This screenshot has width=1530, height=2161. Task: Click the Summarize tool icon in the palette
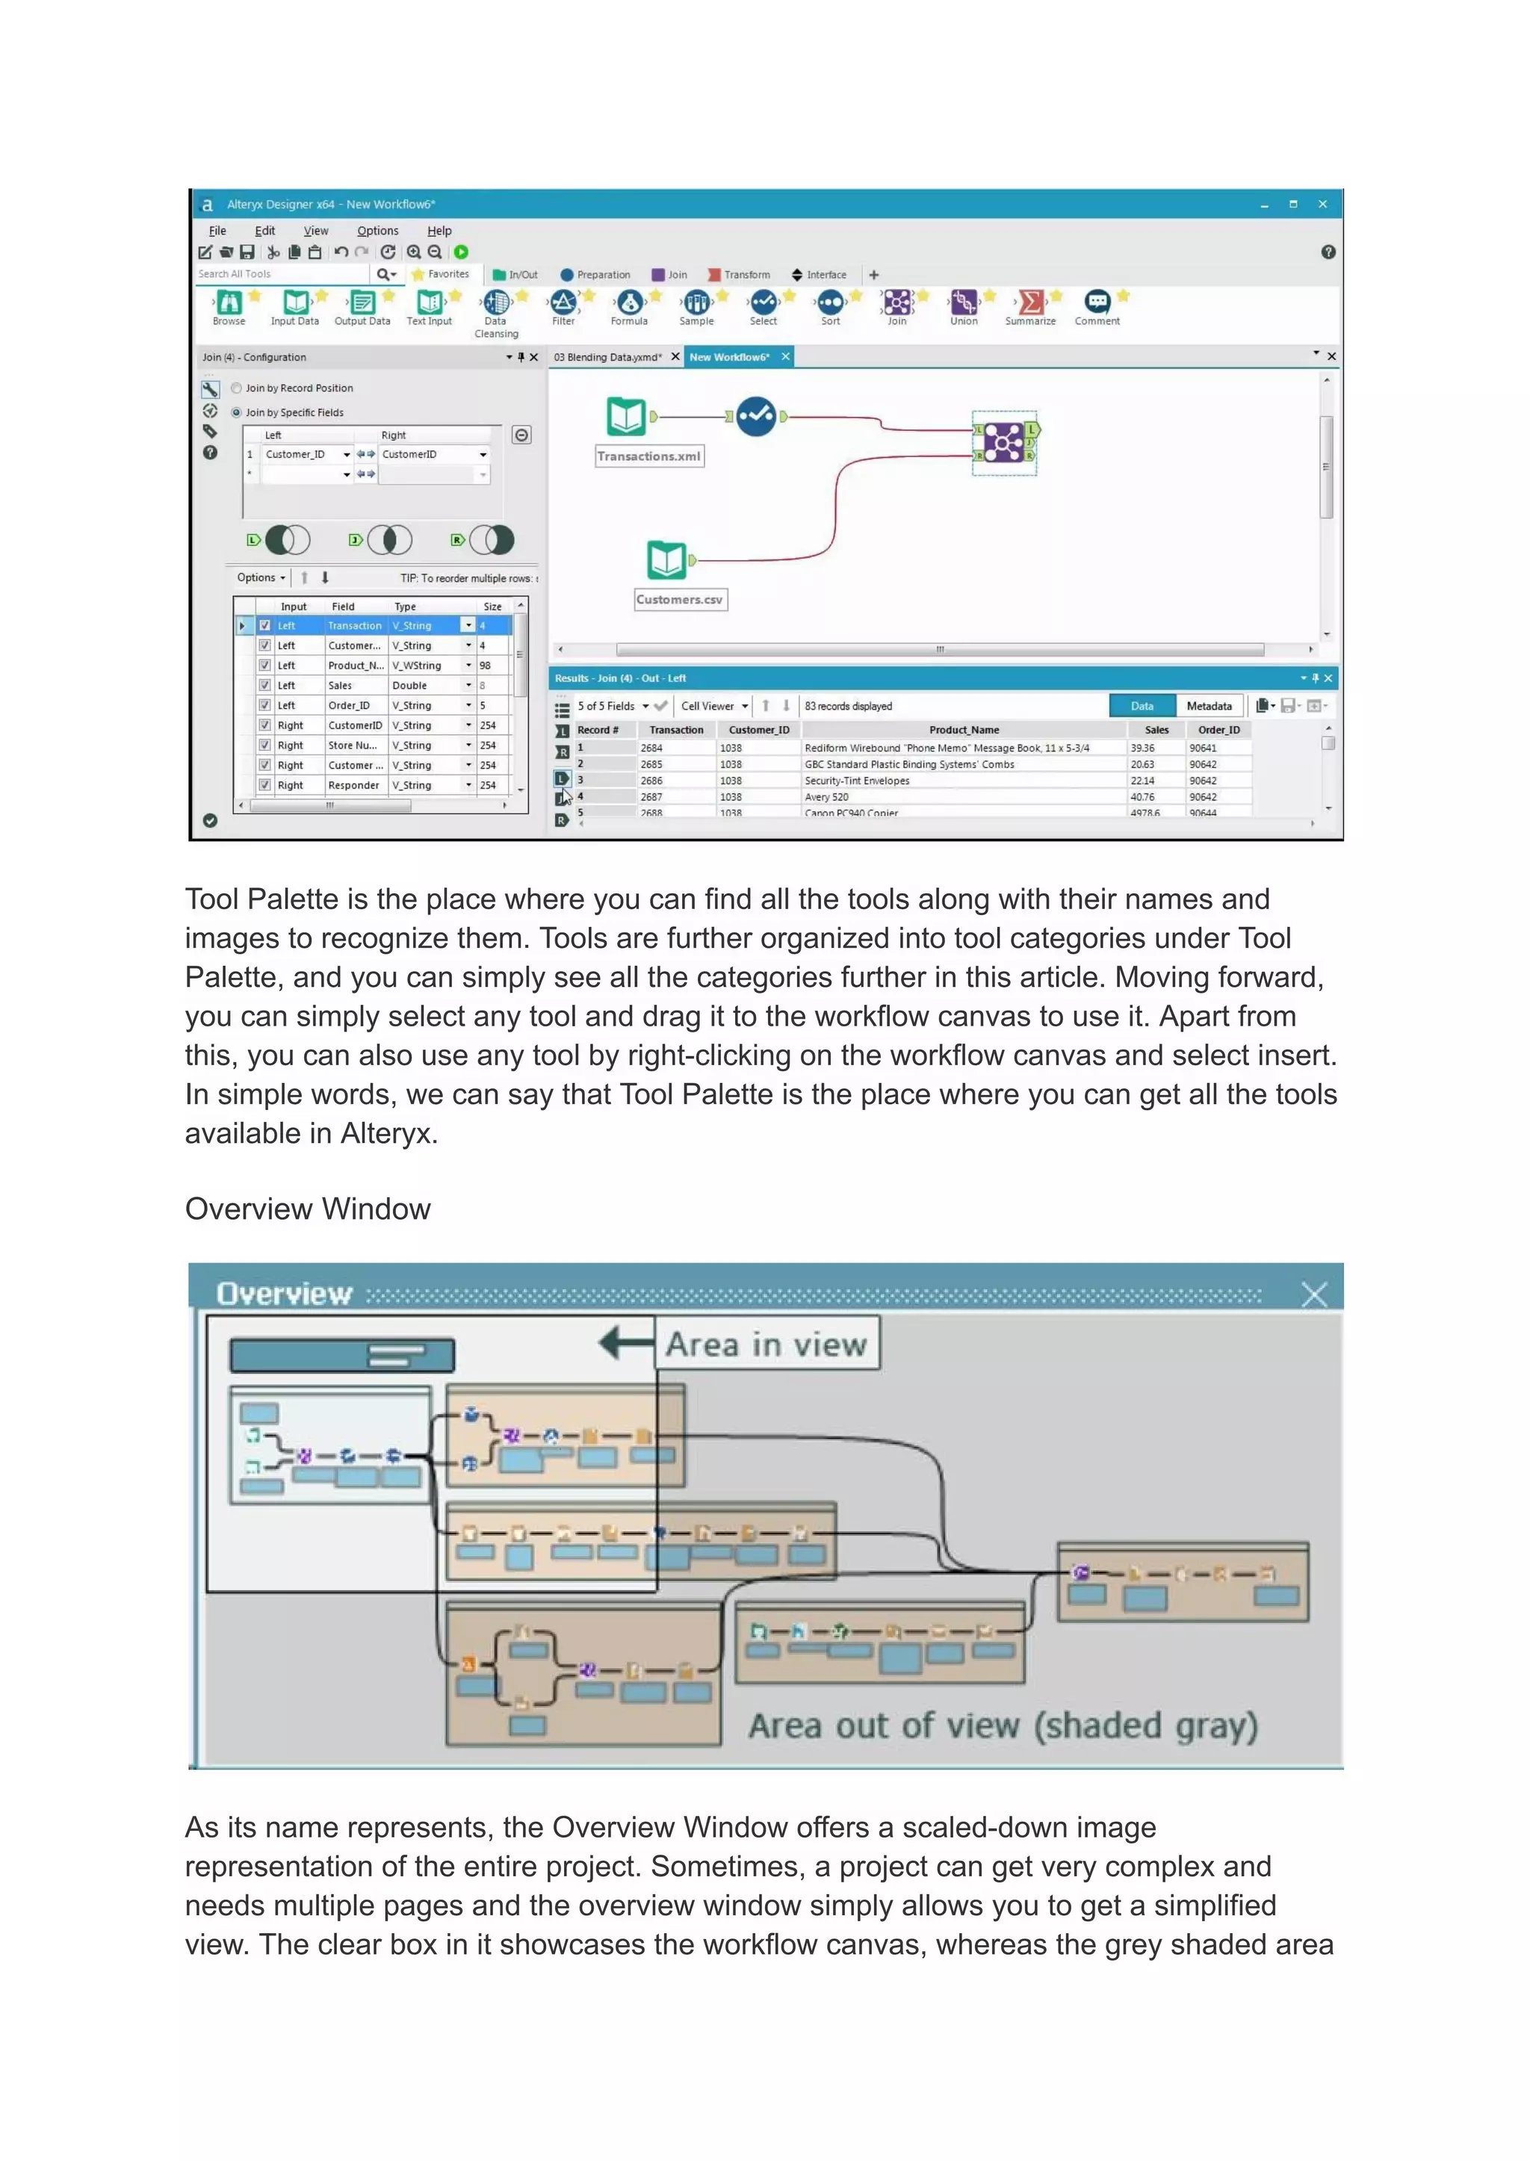click(x=1031, y=303)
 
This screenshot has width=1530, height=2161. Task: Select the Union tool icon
click(x=963, y=303)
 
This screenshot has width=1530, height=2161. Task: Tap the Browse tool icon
click(x=229, y=303)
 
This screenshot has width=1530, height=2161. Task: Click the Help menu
click(x=439, y=231)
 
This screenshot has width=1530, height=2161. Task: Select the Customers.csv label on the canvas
click(x=679, y=600)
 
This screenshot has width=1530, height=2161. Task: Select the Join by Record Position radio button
click(x=237, y=388)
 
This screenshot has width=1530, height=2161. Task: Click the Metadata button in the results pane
click(x=1209, y=706)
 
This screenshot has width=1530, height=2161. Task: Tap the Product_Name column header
click(x=964, y=730)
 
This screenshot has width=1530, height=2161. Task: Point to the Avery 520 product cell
click(x=826, y=797)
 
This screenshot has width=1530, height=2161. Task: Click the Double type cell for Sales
click(x=410, y=686)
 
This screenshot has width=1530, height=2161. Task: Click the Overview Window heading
click(x=307, y=1209)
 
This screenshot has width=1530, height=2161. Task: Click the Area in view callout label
click(x=766, y=1345)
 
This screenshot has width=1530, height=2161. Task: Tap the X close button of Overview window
click(x=1313, y=1295)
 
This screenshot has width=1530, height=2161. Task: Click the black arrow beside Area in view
click(x=625, y=1342)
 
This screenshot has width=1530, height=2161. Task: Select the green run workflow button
click(x=461, y=252)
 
